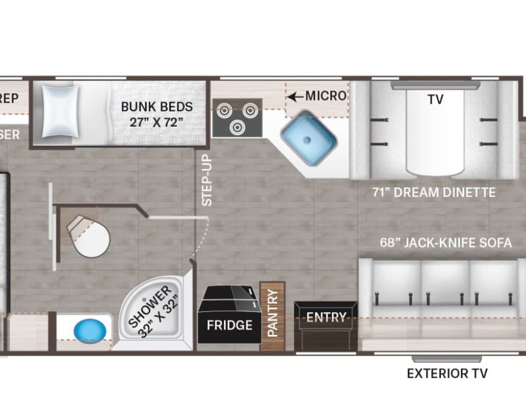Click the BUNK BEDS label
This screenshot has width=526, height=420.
coord(157,106)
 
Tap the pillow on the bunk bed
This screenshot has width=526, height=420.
coord(61,112)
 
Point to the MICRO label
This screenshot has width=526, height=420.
coord(325,96)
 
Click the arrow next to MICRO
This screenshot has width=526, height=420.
coord(295,96)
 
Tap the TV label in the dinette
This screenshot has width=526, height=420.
coord(436,99)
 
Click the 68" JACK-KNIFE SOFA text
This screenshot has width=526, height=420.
coord(446,243)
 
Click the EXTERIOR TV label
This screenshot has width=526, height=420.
coord(447,374)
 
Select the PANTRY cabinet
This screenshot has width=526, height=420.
coord(273,316)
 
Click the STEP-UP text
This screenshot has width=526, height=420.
coord(206,180)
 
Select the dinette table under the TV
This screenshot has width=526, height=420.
coord(436,132)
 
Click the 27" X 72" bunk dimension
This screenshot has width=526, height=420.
coord(157,122)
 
